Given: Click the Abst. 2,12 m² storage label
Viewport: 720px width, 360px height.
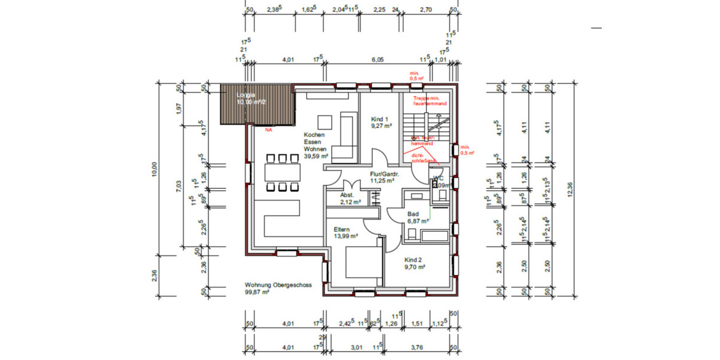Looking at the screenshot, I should coord(349,199).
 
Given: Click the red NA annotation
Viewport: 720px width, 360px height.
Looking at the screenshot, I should coord(268,128).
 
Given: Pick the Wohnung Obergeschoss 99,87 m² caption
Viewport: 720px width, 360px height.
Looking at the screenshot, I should coord(278,289).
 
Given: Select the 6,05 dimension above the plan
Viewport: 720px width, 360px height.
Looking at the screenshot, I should coord(377,60).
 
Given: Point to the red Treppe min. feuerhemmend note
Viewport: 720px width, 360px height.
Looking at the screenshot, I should coord(430,100).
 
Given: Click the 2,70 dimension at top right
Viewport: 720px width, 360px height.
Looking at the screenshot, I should coord(425,10).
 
